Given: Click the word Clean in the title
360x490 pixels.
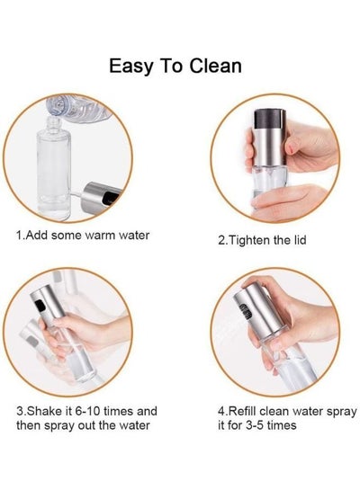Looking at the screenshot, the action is (215, 66).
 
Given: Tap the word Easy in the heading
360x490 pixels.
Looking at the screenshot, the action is (131, 67).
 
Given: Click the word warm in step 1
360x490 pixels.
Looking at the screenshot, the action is (100, 235).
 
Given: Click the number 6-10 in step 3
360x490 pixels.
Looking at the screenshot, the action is (87, 411).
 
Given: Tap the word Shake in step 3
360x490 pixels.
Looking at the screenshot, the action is (45, 411).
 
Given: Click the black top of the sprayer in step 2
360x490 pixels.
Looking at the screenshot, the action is (269, 120).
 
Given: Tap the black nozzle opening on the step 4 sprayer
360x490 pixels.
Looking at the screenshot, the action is (246, 311).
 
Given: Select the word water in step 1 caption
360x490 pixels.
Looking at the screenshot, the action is (134, 235).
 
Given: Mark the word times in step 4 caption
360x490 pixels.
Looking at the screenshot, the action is (282, 425).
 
